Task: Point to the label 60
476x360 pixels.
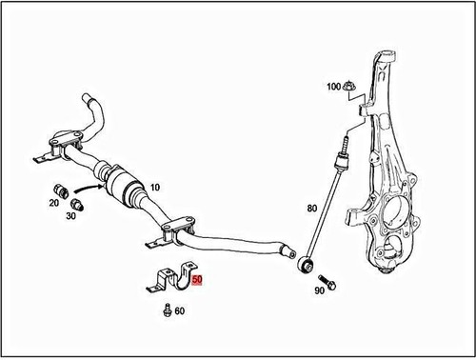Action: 180,310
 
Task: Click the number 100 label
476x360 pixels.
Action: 333,87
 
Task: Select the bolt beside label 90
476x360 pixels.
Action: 327,282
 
